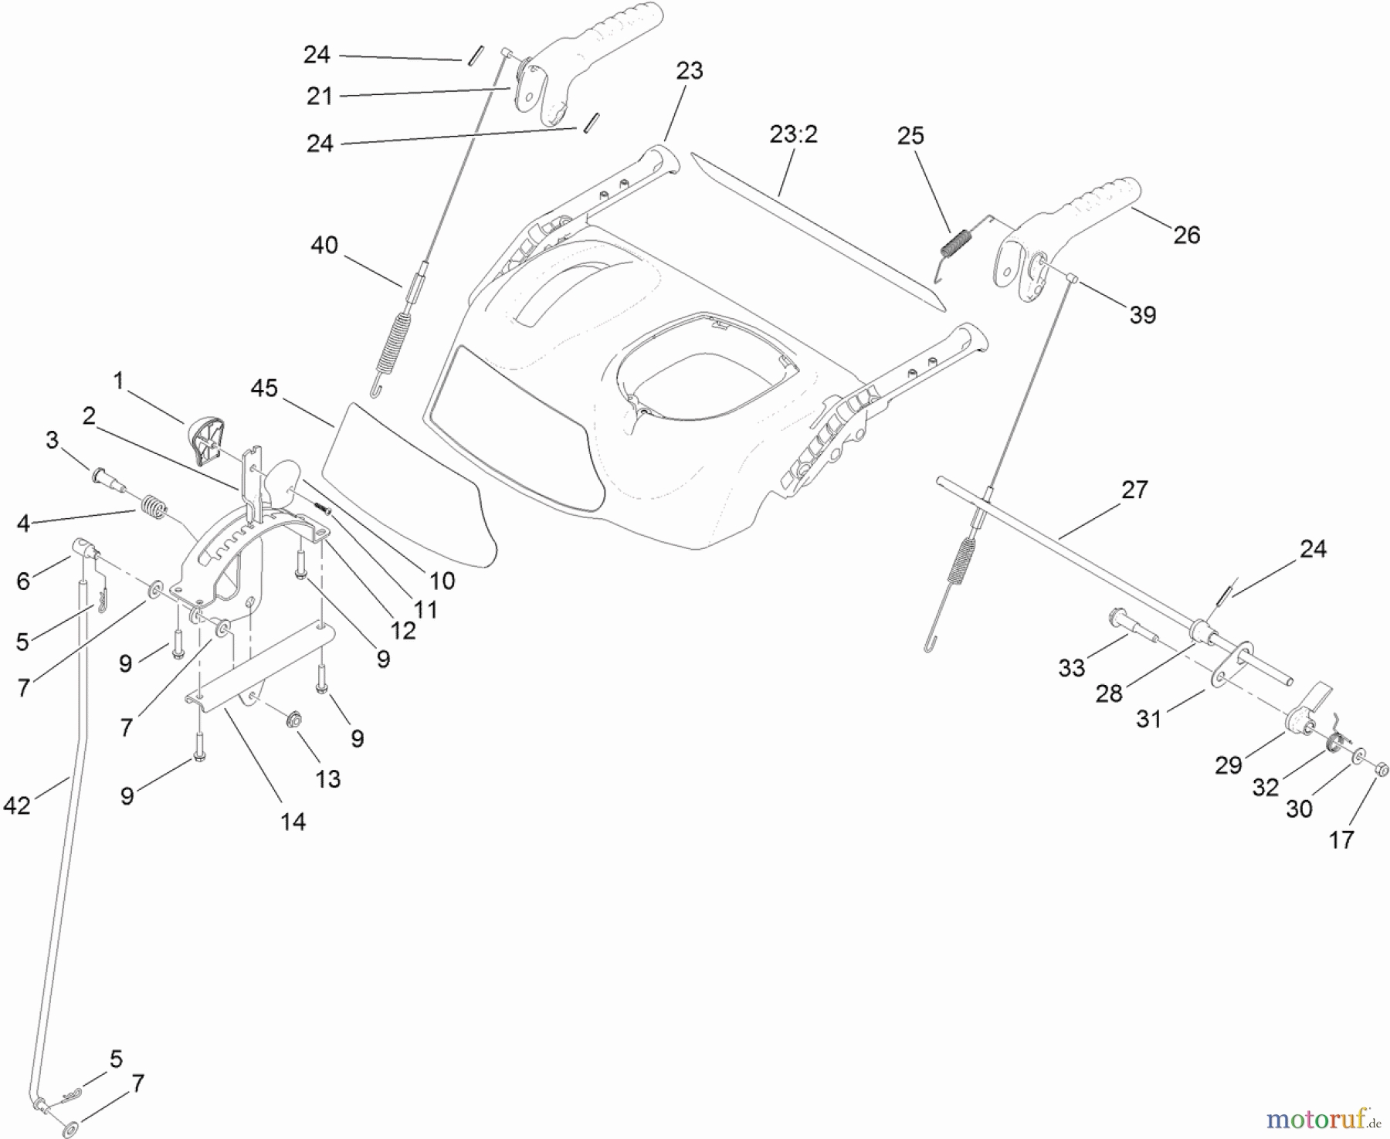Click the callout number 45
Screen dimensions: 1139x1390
pos(264,388)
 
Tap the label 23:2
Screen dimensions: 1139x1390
pos(793,135)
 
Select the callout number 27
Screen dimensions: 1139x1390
pos(1134,490)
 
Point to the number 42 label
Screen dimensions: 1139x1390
pos(17,805)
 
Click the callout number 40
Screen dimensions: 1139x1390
pos(324,246)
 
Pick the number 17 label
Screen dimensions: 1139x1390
pos(1341,839)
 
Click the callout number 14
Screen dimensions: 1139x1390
pos(293,822)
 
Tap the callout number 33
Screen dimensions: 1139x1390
pos(1072,668)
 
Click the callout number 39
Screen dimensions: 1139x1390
pos(1142,315)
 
